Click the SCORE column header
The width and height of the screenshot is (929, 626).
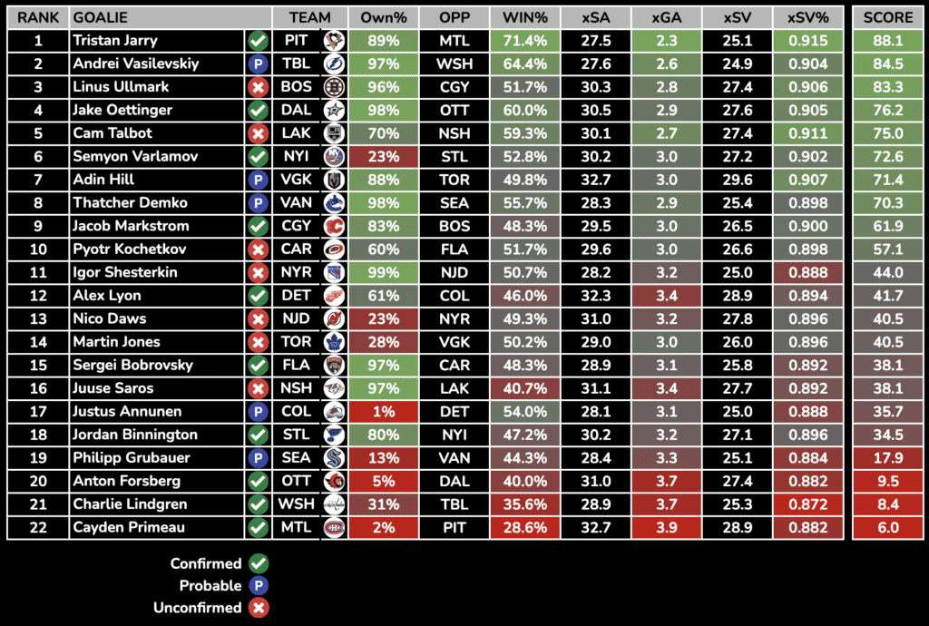tap(887, 17)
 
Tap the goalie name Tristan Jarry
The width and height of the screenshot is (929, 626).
tap(115, 41)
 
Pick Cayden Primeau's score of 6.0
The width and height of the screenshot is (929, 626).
tap(887, 527)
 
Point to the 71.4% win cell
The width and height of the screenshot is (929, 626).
tap(524, 41)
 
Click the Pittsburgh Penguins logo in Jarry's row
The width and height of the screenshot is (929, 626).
tap(333, 41)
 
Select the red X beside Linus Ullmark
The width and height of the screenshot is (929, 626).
tap(258, 87)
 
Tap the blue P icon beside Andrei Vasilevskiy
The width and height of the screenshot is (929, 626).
tap(258, 64)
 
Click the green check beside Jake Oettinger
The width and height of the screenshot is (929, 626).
tap(258, 111)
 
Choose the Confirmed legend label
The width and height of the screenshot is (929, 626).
tap(206, 563)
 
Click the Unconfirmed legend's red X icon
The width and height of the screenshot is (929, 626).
tap(259, 608)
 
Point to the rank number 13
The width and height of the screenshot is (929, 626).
tap(38, 318)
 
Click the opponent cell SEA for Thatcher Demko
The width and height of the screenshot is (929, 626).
tap(454, 203)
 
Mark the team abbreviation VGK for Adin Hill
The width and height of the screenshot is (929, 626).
tap(296, 180)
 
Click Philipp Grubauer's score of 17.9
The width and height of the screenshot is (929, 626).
tap(887, 457)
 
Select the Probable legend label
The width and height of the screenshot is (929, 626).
tap(210, 585)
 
